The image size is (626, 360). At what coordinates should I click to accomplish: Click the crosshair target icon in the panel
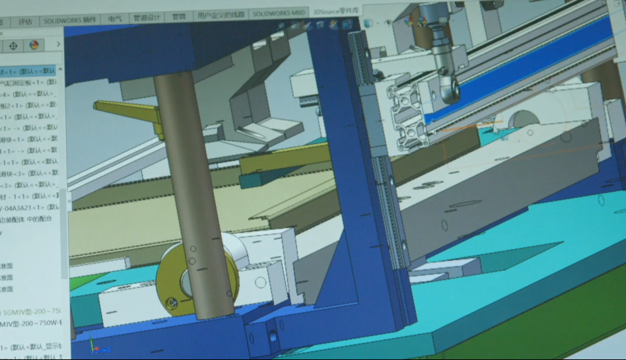point(13,46)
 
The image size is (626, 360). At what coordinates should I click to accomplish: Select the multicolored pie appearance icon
point(34,46)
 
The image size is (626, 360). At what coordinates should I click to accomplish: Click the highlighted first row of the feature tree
point(30,71)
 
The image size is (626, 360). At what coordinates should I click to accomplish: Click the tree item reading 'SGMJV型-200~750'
point(31,311)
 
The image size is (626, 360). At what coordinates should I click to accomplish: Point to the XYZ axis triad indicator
point(95,348)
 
